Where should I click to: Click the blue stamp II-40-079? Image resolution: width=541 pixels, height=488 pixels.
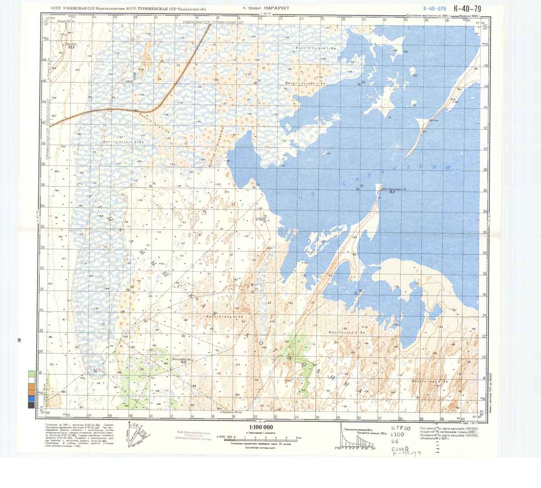click(x=435, y=8)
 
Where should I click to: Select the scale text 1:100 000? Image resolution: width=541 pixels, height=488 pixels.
click(x=261, y=427)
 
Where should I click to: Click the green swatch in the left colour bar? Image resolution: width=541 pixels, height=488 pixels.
click(x=31, y=374)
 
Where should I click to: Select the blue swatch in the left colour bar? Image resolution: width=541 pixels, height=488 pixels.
click(x=31, y=399)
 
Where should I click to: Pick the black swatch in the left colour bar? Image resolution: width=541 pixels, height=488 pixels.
click(x=31, y=405)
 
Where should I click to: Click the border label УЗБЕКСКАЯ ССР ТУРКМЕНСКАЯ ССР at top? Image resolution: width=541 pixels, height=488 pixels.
click(x=212, y=22)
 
